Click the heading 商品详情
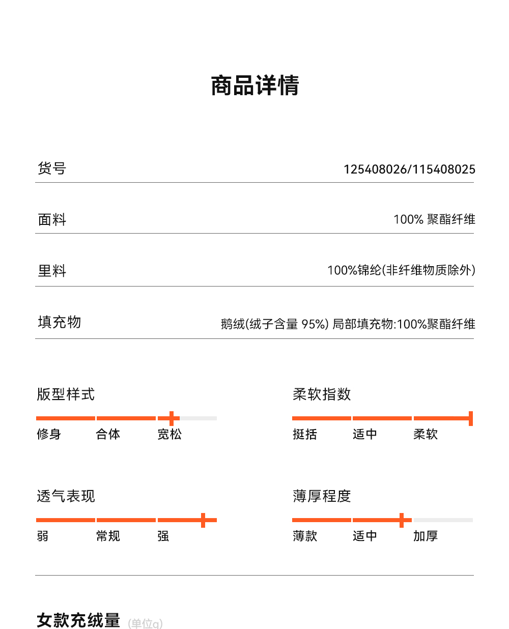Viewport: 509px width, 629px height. point(255,85)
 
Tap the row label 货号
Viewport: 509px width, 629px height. point(52,168)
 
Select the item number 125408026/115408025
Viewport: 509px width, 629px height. point(409,169)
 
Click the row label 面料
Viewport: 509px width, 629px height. point(52,219)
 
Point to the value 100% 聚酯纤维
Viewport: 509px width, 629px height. point(434,219)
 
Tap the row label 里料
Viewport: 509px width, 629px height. point(52,271)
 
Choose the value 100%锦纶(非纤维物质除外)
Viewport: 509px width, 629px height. point(401,270)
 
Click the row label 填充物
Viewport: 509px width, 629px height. point(60,322)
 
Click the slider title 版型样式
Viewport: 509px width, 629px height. point(66,394)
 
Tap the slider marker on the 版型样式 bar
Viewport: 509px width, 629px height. point(172,418)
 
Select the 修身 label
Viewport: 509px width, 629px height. point(49,434)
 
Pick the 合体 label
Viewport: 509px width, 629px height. point(108,434)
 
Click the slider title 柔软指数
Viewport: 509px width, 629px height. point(322,394)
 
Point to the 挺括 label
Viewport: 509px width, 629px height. point(305,434)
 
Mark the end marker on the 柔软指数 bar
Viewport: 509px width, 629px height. point(471,418)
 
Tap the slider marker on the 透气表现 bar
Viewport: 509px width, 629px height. point(203,520)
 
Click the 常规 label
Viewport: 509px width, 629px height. point(108,536)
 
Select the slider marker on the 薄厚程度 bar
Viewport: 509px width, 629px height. point(402,520)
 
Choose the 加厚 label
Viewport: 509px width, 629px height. point(426,536)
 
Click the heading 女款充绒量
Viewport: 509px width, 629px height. point(78,620)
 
